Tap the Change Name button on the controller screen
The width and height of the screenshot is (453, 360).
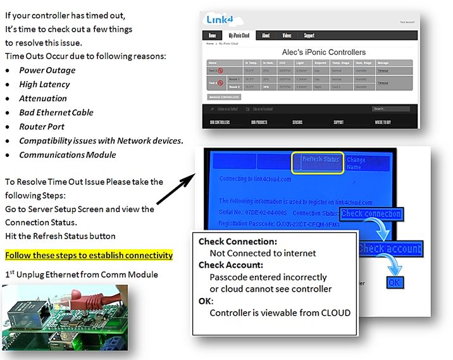pyautogui.click(x=363, y=164)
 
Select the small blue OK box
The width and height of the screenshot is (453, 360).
pyautogui.click(x=394, y=282)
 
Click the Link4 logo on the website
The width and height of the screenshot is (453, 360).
pyautogui.click(x=218, y=20)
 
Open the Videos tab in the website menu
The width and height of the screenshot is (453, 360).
pyautogui.click(x=287, y=36)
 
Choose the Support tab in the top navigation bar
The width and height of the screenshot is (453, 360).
pyautogui.click(x=309, y=36)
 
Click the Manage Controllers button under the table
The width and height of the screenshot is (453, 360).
pyautogui.click(x=224, y=97)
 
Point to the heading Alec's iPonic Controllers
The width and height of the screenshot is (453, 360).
pyautogui.click(x=323, y=53)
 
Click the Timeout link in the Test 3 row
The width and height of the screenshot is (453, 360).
pyautogui.click(x=383, y=70)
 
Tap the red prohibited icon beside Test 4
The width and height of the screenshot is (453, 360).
pyautogui.click(x=220, y=83)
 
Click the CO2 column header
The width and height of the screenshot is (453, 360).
pyautogui.click(x=282, y=63)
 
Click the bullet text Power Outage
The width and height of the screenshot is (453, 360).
pyautogui.click(x=47, y=70)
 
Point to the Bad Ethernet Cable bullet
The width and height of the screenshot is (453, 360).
pyautogui.click(x=56, y=112)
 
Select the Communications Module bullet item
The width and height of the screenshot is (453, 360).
pyautogui.click(x=68, y=154)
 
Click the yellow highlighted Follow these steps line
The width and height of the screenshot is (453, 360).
pyautogui.click(x=89, y=255)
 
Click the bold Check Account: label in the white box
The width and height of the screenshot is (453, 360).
pyautogui.click(x=231, y=265)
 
